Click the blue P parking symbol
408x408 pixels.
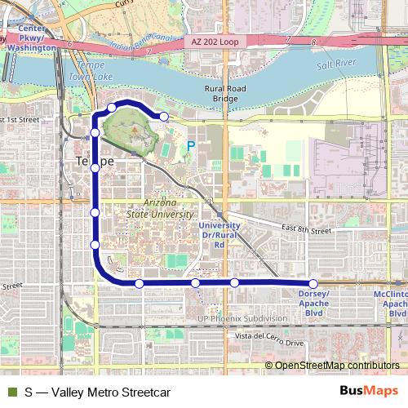coord(191,146)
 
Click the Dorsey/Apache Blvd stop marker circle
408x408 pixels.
coord(313,283)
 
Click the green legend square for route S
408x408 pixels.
coord(11,392)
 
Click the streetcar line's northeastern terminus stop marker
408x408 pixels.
coord(164,117)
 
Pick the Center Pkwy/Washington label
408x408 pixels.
coord(32,42)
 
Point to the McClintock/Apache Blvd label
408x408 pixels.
coord(389,302)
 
